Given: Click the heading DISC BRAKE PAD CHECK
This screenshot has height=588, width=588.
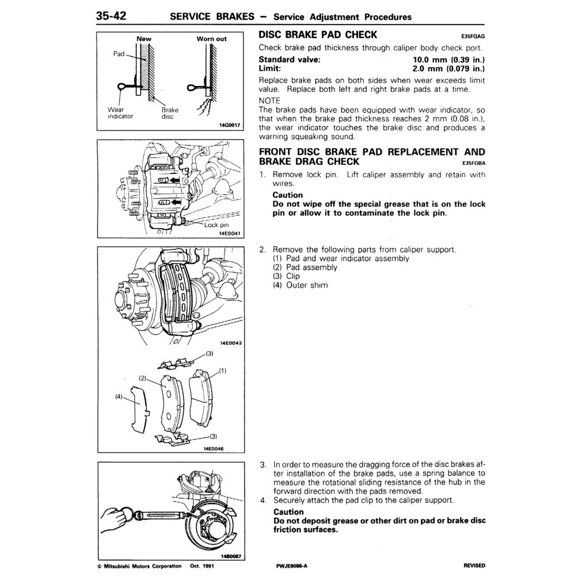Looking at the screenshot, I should point(318,35).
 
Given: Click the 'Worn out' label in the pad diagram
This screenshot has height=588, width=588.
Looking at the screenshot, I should point(211,39).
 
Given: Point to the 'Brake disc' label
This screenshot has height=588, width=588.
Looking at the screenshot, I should point(169,113).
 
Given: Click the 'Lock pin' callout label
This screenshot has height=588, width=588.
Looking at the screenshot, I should point(217,225).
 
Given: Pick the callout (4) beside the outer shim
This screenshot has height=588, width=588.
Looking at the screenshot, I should point(119,396).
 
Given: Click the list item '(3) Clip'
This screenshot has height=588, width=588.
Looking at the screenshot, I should point(286,276).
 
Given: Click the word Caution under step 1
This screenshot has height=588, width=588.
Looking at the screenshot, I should point(288,195).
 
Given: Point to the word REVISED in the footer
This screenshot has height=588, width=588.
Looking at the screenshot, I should point(474,566).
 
